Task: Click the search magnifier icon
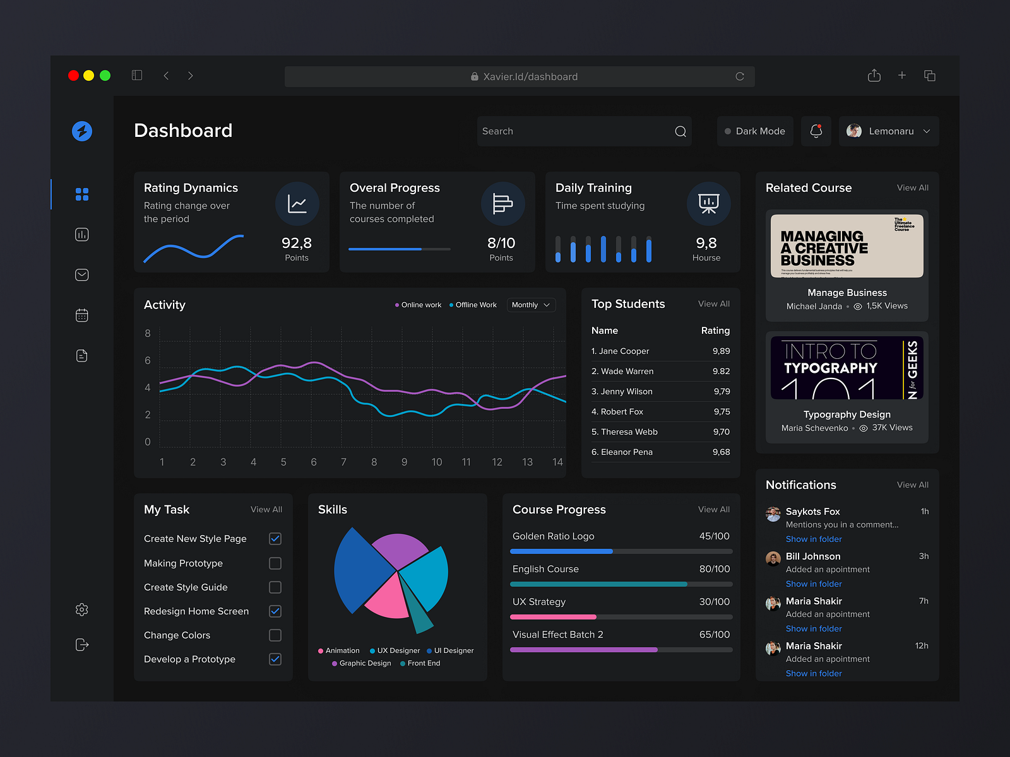[x=680, y=131]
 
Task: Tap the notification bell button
[x=816, y=131]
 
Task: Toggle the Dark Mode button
[x=755, y=131]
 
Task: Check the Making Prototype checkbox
[x=275, y=563]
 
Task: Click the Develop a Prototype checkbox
[x=275, y=659]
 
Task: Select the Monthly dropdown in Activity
[x=531, y=305]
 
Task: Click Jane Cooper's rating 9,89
[x=721, y=351]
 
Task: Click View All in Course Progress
[x=713, y=510]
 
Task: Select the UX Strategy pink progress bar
[x=554, y=617]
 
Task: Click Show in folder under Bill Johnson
[x=814, y=584]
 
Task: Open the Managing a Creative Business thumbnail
[x=847, y=246]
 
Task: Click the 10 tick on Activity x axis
[x=436, y=462]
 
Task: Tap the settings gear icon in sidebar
[x=82, y=609]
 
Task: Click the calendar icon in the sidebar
[x=82, y=315]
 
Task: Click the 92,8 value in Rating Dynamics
[x=296, y=244]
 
